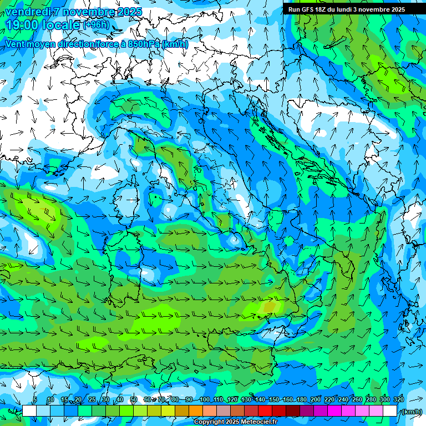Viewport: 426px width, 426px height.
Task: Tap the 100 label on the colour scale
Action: pos(204,400)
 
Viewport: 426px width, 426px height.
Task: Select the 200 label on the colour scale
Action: pos(316,400)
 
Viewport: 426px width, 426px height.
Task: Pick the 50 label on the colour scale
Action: pos(134,400)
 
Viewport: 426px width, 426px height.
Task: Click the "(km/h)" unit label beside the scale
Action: pos(412,411)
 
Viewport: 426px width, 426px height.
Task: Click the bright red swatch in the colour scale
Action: pos(266,411)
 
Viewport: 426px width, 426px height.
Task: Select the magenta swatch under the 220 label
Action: pos(335,411)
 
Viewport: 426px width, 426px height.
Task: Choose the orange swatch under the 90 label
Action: pos(196,411)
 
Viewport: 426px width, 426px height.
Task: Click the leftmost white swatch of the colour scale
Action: pos(29,411)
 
